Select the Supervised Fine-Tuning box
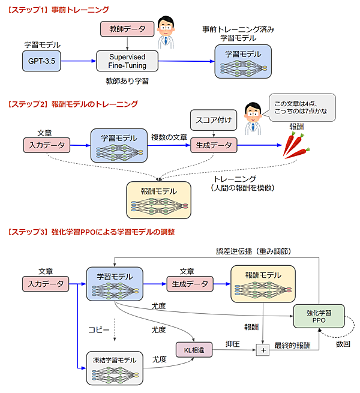coord(128,61)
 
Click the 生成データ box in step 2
coord(214,145)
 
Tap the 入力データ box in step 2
coord(46,145)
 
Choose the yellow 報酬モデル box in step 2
coord(158,199)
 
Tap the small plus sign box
coord(262,349)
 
